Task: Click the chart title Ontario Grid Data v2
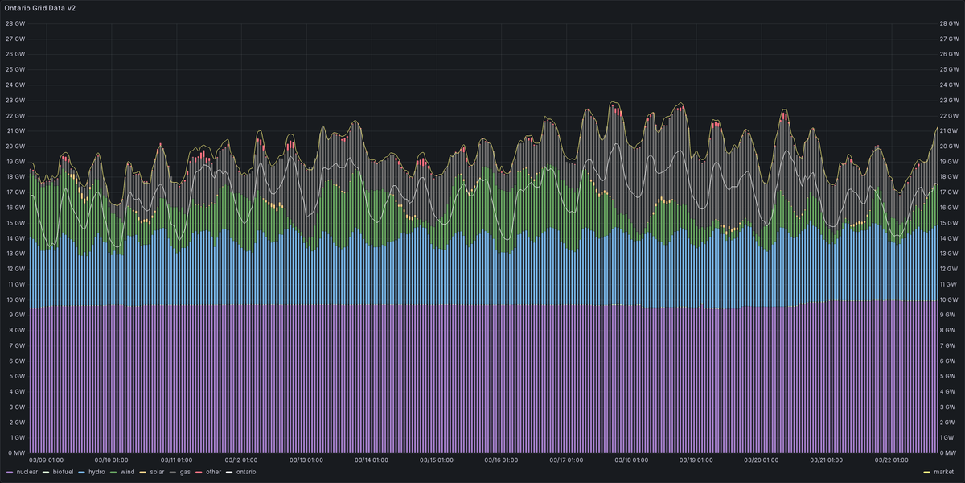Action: click(x=40, y=7)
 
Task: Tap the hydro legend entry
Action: click(x=96, y=472)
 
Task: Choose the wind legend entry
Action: click(x=126, y=472)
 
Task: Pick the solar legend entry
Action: click(x=156, y=472)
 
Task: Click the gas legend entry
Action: click(x=184, y=472)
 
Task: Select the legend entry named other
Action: click(x=212, y=472)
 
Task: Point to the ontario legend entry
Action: click(x=245, y=472)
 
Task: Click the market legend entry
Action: click(x=943, y=472)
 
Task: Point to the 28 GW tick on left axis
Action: click(x=14, y=23)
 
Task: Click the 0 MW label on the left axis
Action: click(x=14, y=453)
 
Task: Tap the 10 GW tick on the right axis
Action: click(x=950, y=299)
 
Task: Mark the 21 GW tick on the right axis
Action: click(x=950, y=130)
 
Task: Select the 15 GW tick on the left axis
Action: click(x=14, y=223)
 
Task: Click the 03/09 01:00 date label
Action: click(x=46, y=460)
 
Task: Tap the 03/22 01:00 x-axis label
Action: click(x=893, y=460)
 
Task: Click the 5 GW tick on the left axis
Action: click(x=16, y=377)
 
